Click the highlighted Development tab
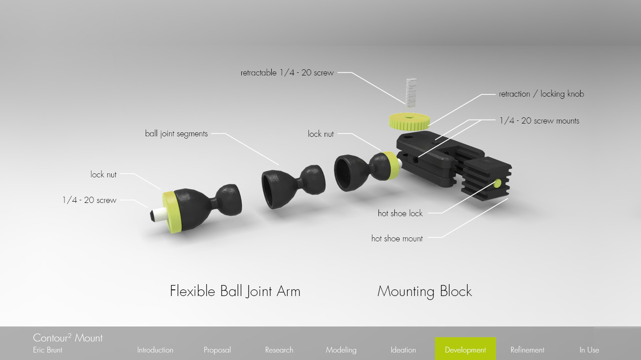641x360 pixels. coord(465,350)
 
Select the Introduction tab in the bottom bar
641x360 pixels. coord(155,350)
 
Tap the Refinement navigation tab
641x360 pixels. coord(527,350)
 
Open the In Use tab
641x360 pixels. coord(589,350)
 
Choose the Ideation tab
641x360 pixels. coord(403,350)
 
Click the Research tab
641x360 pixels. coord(279,350)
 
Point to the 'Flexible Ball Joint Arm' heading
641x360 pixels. coord(235,291)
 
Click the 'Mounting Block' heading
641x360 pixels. coord(424,291)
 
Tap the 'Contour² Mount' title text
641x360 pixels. coord(68,338)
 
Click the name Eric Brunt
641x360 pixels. coord(48,350)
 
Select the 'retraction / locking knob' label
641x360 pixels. coord(541,94)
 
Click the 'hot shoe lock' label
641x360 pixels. coord(400,214)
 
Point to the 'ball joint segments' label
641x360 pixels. coord(176,133)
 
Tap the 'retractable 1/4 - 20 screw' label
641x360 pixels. coord(287,73)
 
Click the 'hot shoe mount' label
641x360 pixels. coord(397,239)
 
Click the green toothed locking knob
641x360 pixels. coord(410,120)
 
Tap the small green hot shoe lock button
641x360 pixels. coord(498,182)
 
